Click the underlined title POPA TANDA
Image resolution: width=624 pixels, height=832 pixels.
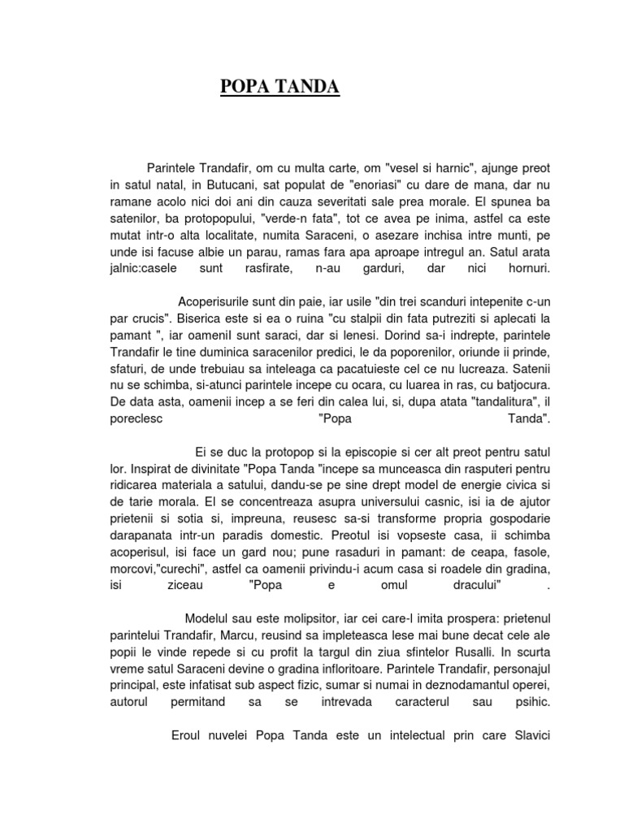(x=280, y=87)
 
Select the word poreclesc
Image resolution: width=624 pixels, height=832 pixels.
(x=136, y=419)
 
